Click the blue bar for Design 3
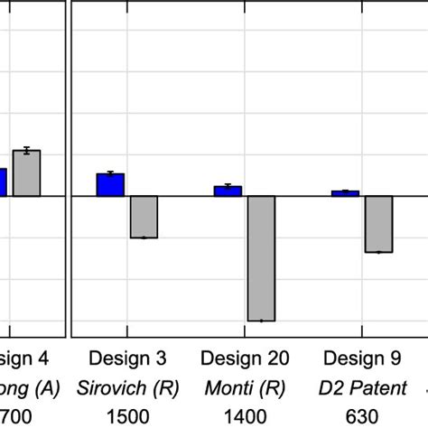coord(110,184)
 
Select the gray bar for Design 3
coord(144,217)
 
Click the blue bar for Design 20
coord(228,191)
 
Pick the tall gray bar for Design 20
coord(261,258)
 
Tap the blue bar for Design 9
coord(345,193)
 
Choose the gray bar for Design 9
coord(378,224)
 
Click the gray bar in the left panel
coord(26,173)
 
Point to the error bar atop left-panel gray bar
coord(26,150)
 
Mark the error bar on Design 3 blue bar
coord(110,172)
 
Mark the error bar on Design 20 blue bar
coord(228,185)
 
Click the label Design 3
coord(127,358)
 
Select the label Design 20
coord(245,358)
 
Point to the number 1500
coord(127,416)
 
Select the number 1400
coord(245,416)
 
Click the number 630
coord(362,416)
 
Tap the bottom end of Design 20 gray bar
coord(261,321)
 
